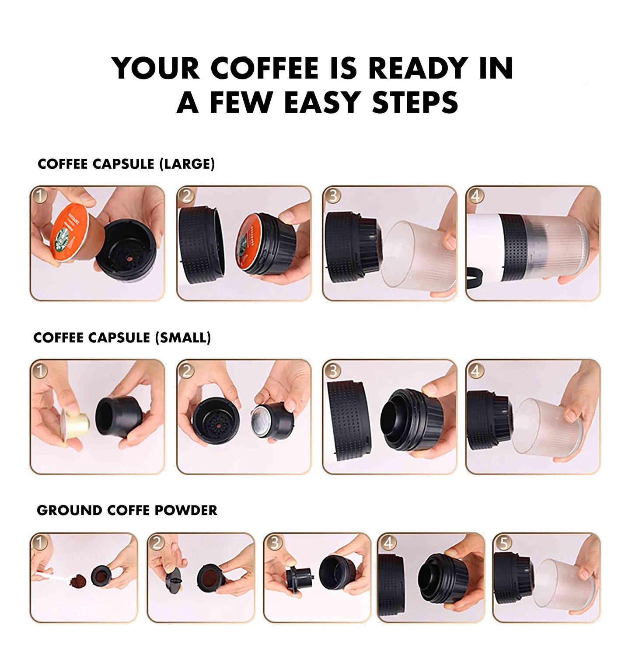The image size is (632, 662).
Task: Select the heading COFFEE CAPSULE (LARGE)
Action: (126, 164)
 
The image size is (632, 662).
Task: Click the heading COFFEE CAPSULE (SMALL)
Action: (122, 338)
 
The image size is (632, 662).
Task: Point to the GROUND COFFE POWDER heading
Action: (127, 510)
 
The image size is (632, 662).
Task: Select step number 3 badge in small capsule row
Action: (333, 371)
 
